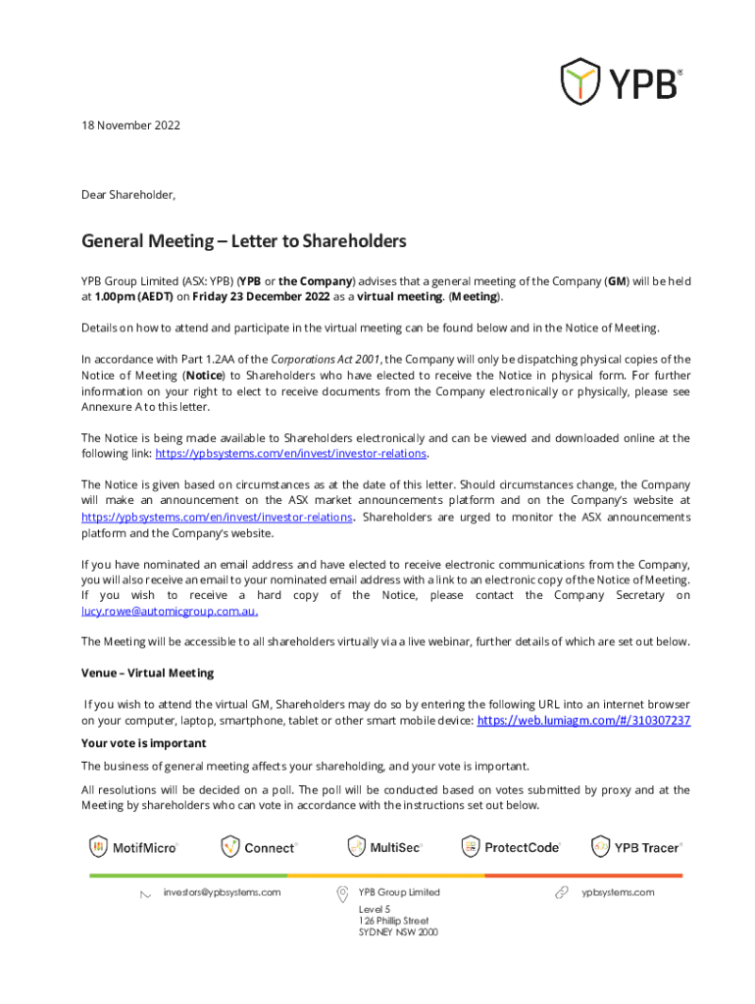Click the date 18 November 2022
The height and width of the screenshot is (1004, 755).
tap(130, 126)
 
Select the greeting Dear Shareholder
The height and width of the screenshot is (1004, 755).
tap(128, 195)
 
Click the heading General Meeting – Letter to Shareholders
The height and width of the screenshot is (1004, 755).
tap(243, 241)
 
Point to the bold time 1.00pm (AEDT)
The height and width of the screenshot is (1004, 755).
tap(138, 297)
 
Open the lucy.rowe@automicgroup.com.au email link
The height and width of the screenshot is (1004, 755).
tap(170, 611)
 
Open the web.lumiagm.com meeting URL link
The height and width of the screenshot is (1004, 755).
tap(582, 721)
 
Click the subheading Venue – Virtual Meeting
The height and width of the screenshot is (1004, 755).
tap(147, 674)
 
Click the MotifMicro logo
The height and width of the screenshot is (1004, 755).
tap(134, 847)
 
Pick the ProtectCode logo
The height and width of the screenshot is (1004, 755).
tap(509, 847)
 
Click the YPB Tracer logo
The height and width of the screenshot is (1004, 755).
tap(635, 847)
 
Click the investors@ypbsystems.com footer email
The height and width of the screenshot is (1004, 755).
tap(222, 892)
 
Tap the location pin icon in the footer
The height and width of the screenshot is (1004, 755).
tap(342, 893)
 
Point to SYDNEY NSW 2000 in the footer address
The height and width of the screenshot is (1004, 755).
tap(398, 933)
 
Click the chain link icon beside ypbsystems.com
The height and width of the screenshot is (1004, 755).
tap(562, 893)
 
